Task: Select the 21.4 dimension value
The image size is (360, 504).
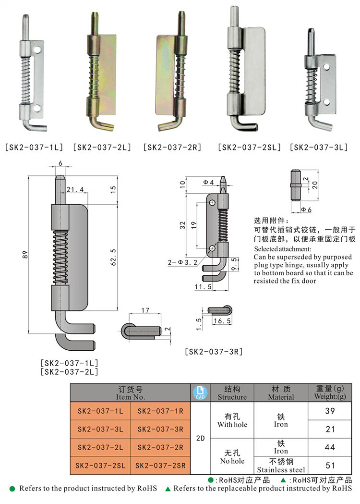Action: coord(75,190)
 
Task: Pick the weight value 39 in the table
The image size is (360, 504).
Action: coord(330,411)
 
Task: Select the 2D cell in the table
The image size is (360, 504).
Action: coord(201,438)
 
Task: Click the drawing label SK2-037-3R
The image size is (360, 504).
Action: coord(213,352)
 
